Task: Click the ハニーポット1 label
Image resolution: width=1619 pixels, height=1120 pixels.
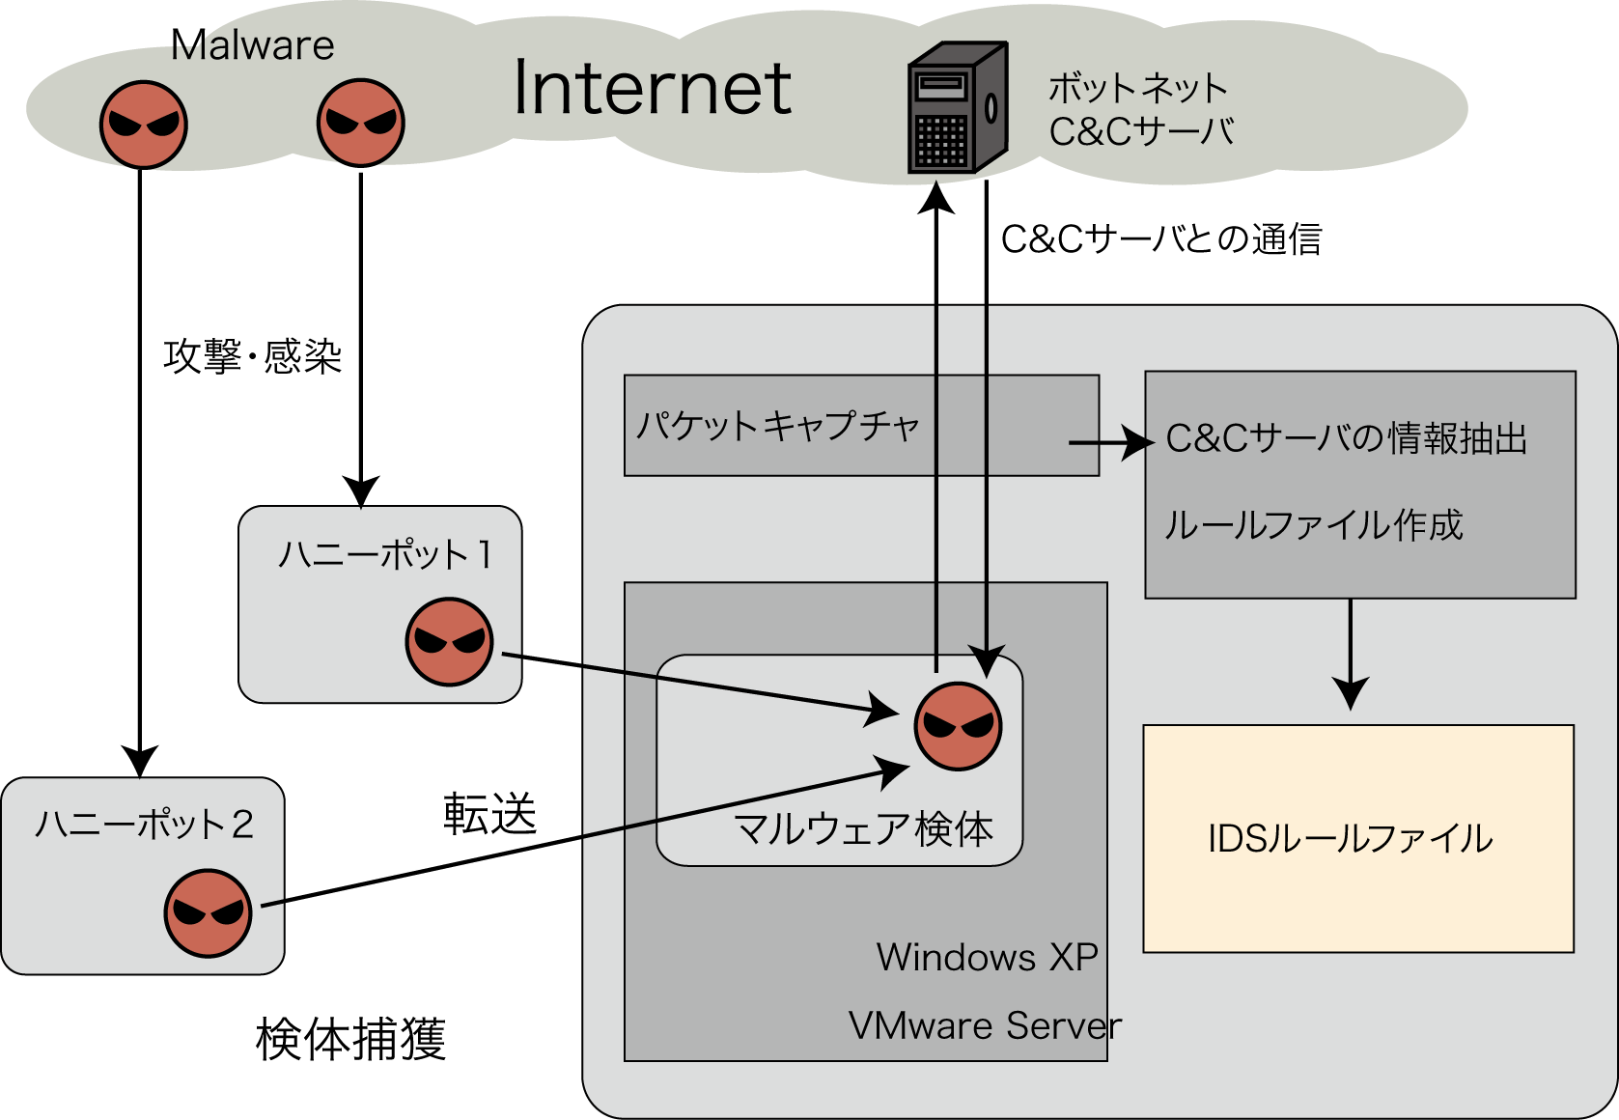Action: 385,555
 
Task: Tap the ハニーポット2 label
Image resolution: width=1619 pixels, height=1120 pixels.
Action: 144,825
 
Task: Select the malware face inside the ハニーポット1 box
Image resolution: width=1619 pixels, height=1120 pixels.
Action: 449,642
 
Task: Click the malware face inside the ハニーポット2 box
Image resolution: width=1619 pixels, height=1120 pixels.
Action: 208,912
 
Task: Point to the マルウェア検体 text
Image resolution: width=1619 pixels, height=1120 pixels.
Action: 863,829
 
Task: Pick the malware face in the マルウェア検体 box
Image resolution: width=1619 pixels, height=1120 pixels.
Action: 958,726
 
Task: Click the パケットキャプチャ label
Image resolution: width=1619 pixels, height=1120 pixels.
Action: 777,426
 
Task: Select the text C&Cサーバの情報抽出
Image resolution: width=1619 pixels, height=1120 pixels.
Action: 1346,438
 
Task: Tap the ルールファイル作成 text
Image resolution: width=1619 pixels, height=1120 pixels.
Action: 1313,525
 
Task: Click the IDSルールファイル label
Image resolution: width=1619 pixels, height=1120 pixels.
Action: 1350,838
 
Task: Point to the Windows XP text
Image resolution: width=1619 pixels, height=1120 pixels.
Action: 987,957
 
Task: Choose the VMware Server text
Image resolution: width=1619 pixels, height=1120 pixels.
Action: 985,1025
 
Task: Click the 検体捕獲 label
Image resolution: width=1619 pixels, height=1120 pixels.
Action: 350,1039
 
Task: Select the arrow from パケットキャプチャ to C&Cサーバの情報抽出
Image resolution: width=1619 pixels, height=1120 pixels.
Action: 1110,443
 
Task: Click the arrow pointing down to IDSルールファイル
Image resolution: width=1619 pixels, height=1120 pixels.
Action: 1350,657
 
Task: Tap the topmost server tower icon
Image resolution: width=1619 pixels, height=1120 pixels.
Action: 957,107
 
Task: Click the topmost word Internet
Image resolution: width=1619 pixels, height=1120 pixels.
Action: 653,88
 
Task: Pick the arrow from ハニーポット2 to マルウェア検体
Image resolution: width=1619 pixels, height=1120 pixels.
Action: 579,836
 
